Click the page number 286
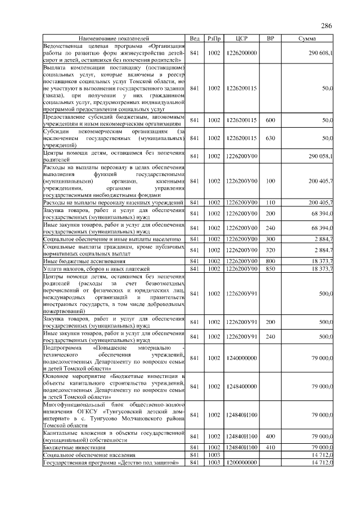(x=326, y=26)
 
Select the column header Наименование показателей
(x=114, y=38)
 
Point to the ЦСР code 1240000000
(x=241, y=358)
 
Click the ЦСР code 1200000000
(x=241, y=462)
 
